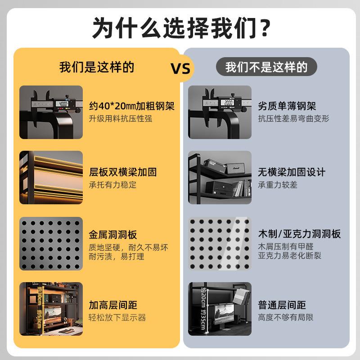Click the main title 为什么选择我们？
[x=180, y=28]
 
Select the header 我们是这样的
[x=97, y=67]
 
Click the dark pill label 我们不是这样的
[x=266, y=67]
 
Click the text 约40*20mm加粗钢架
[x=131, y=106]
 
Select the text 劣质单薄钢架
[x=287, y=106]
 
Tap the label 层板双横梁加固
[x=122, y=172]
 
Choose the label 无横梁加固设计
[x=291, y=172]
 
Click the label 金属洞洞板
[x=112, y=234]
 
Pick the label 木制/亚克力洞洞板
[x=299, y=234]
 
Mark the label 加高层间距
[x=112, y=305]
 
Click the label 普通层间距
[x=281, y=305]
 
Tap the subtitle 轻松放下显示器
[x=117, y=318]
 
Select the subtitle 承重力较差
[x=278, y=185]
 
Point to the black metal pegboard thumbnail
[x=51, y=243]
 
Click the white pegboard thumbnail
[x=220, y=243]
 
